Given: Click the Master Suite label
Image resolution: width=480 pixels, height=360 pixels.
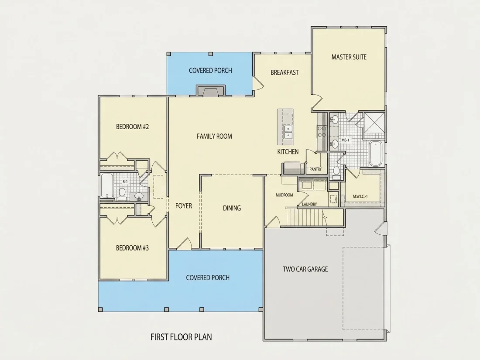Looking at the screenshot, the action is (349, 57).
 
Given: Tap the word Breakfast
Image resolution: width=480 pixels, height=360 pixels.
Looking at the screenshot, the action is (285, 72).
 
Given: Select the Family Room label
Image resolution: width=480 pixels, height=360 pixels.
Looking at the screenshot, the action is (214, 136).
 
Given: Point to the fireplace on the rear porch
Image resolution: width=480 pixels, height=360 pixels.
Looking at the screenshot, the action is (211, 91).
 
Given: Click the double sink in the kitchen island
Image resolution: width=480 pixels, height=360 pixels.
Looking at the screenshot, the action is (288, 132).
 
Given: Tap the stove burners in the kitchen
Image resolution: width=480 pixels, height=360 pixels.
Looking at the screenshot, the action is (322, 131).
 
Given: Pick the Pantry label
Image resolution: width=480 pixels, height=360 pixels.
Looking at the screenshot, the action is (315, 169).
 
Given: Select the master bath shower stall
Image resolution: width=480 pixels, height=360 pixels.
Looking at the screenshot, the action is (374, 123).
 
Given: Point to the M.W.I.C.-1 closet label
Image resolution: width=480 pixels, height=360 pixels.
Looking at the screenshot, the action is (360, 196).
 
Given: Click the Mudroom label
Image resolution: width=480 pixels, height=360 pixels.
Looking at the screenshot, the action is (285, 195).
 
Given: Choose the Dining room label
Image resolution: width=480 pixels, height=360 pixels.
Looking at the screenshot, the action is (232, 208).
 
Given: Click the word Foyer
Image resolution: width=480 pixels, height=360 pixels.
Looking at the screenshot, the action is (184, 206).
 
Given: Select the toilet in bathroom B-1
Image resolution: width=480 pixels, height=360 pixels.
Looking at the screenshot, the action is (122, 193).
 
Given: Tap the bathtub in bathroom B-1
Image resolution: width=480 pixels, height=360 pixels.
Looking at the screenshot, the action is (107, 185).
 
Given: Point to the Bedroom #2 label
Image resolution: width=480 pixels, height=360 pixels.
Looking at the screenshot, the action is (132, 127).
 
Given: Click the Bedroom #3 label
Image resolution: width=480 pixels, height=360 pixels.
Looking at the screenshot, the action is (132, 248).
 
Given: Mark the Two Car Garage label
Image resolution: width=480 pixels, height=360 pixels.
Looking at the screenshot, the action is (305, 269).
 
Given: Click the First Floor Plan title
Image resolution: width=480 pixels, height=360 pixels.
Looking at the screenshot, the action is (181, 337).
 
